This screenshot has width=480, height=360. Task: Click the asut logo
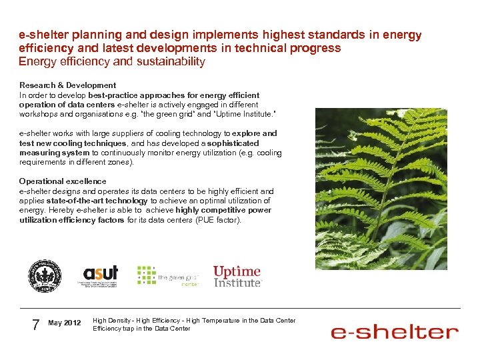point(100,275)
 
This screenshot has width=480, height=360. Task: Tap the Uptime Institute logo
point(237,276)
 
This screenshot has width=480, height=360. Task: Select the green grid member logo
point(169,275)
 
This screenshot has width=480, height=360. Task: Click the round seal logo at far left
point(45,276)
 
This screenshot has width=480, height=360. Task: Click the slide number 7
point(36,324)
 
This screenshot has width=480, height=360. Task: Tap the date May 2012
point(65,323)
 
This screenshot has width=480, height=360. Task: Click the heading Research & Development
point(67,85)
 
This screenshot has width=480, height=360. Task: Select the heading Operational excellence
point(63,181)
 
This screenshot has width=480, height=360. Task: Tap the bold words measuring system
point(47,153)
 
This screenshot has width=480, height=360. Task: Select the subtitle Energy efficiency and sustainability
point(112,62)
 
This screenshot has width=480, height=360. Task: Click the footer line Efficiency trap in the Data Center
point(141,328)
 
